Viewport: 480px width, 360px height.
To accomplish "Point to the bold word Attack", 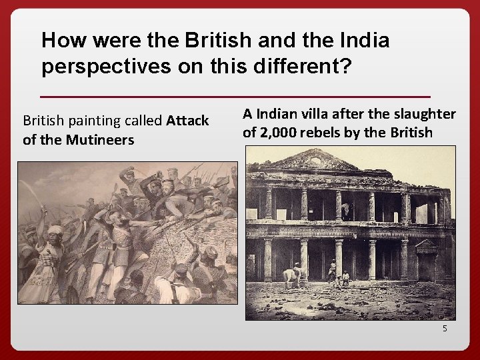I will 188,121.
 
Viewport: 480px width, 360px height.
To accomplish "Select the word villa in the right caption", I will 321,114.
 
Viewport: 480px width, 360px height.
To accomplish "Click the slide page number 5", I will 444,328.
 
